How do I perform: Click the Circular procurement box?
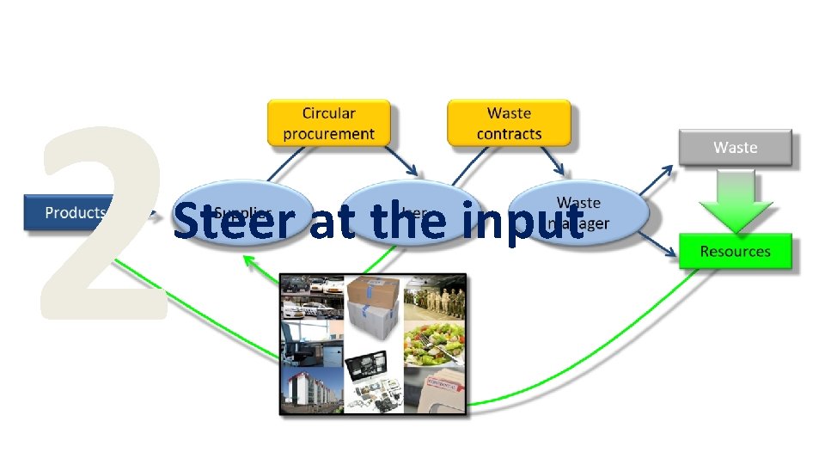[x=328, y=123]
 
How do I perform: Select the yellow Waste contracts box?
[x=509, y=123]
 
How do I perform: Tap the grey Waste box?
[x=735, y=148]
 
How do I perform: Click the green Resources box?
[x=735, y=252]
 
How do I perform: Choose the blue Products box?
[x=76, y=212]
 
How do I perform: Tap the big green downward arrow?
[x=735, y=202]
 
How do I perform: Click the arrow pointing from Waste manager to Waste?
[x=657, y=181]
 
